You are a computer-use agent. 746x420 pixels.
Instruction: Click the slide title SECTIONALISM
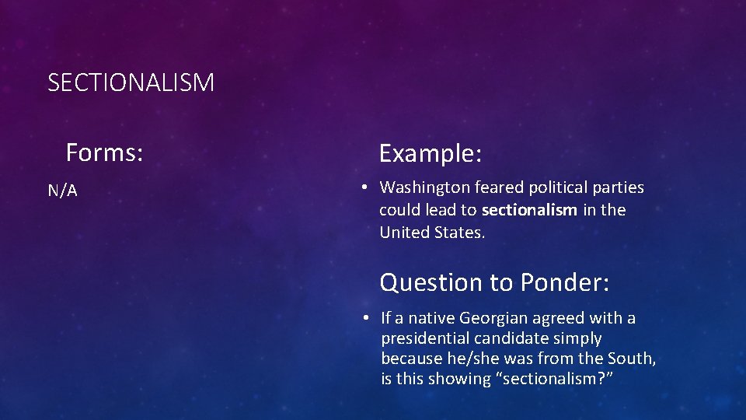pyautogui.click(x=131, y=82)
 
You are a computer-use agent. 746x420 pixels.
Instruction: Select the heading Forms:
pyautogui.click(x=104, y=152)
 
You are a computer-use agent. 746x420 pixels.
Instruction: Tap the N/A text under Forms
pyautogui.click(x=63, y=191)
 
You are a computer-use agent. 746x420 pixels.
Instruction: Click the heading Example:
pyautogui.click(x=431, y=153)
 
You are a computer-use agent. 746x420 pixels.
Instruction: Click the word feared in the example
pyautogui.click(x=499, y=187)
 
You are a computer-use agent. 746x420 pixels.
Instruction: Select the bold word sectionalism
pyautogui.click(x=529, y=210)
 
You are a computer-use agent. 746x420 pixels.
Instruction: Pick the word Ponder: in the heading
pyautogui.click(x=565, y=282)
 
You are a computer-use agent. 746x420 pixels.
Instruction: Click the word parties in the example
pyautogui.click(x=617, y=187)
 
